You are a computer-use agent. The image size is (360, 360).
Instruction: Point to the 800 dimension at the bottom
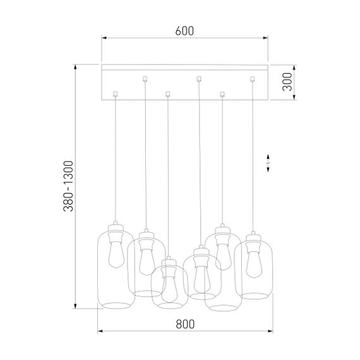184,325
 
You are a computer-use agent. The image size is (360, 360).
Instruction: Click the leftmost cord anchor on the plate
114,95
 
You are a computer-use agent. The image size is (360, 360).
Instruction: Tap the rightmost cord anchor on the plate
253,79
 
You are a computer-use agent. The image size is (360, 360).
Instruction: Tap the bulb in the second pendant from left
146,259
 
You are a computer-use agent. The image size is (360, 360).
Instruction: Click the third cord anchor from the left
167,95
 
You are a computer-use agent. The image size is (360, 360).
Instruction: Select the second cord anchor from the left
146,79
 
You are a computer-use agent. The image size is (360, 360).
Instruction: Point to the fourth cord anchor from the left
199,79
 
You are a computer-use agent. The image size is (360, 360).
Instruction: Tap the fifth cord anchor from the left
221,95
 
